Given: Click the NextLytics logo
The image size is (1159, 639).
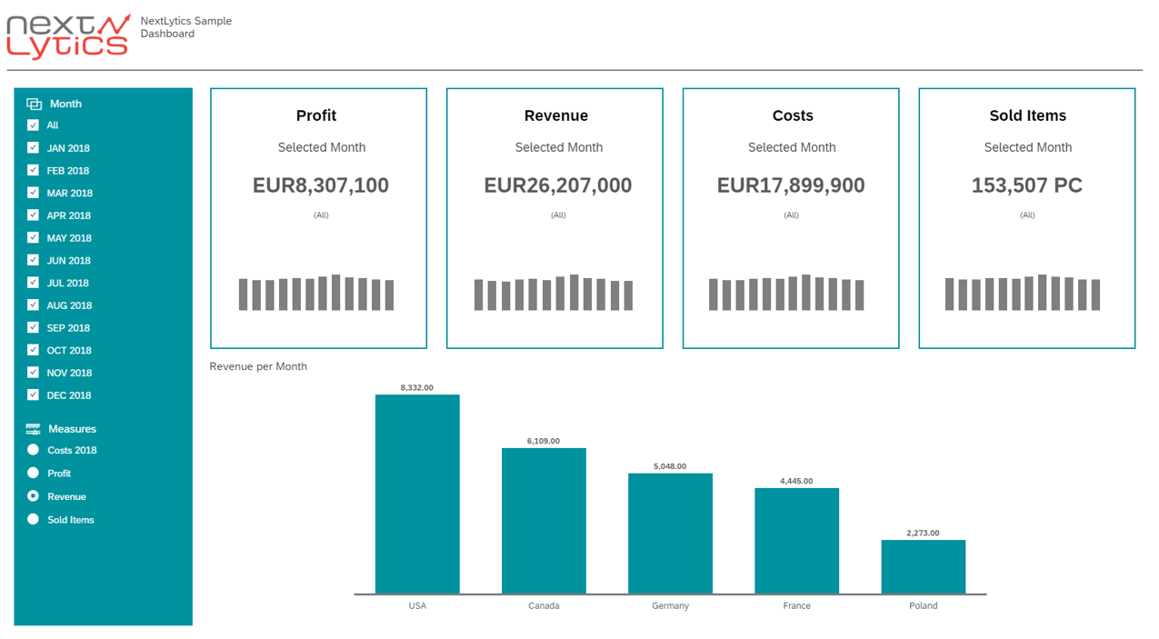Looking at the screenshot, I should (x=68, y=37).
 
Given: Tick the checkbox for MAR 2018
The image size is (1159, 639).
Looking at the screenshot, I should (x=34, y=193).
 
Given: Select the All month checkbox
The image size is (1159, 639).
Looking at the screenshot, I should (x=34, y=125).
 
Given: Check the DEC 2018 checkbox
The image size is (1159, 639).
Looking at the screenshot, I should (x=34, y=395).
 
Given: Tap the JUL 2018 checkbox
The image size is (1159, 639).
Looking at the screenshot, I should (x=34, y=283).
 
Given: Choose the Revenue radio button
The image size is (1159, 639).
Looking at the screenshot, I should (x=34, y=496).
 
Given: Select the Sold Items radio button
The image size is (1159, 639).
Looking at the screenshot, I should (x=34, y=520).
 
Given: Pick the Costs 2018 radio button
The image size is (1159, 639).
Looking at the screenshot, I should (x=34, y=450).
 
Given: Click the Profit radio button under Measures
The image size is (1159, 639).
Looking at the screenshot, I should (x=34, y=474).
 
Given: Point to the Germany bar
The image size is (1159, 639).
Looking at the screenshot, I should (x=670, y=534).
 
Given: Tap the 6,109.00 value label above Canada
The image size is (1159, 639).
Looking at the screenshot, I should (x=544, y=441).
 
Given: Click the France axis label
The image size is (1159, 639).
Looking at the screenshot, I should (x=796, y=605).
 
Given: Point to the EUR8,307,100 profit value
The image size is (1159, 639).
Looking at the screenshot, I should (x=320, y=185).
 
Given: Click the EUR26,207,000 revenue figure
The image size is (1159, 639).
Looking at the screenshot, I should (x=557, y=185).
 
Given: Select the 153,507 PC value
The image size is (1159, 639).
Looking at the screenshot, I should (x=1026, y=185).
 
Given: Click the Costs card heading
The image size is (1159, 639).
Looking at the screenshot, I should (x=792, y=115).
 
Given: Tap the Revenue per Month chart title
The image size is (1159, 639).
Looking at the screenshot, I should (x=258, y=366).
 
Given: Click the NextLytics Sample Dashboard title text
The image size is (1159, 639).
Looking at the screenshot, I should (x=185, y=27).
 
